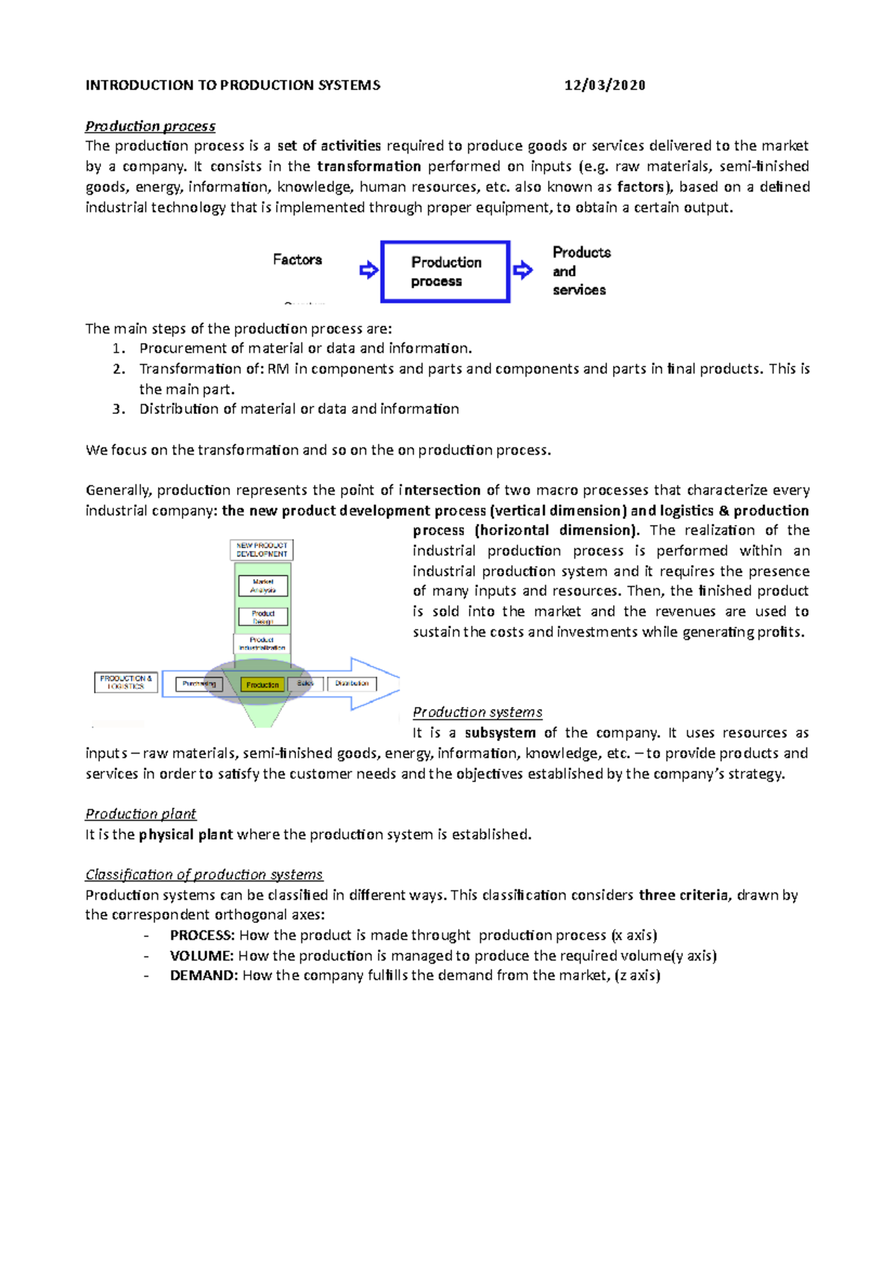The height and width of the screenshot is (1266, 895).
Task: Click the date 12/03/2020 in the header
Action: [604, 85]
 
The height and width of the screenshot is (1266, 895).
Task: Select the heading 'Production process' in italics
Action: [150, 126]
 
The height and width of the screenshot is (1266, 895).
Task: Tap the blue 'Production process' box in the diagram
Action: [445, 271]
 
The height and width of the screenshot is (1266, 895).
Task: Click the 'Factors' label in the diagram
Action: [297, 259]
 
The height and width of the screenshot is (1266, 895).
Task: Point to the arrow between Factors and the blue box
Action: [368, 270]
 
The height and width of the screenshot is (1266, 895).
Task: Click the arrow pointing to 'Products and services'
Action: [524, 270]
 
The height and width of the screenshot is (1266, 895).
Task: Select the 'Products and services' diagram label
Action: [580, 271]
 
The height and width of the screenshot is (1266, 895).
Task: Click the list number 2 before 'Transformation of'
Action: [119, 368]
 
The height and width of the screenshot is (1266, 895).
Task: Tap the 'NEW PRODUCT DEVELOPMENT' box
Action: [262, 549]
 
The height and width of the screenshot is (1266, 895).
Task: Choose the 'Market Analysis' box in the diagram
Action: [263, 585]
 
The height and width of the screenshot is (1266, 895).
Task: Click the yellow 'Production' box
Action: [263, 684]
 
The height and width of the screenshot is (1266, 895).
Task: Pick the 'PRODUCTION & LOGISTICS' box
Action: [126, 682]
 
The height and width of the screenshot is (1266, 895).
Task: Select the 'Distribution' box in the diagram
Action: [352, 683]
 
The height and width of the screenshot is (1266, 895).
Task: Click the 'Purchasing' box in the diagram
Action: [199, 684]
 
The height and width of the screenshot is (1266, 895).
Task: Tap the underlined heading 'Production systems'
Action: [477, 712]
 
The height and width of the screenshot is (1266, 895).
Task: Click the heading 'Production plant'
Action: [140, 813]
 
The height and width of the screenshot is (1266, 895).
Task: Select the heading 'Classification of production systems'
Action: [204, 874]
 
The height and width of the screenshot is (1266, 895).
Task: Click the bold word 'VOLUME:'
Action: [201, 955]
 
